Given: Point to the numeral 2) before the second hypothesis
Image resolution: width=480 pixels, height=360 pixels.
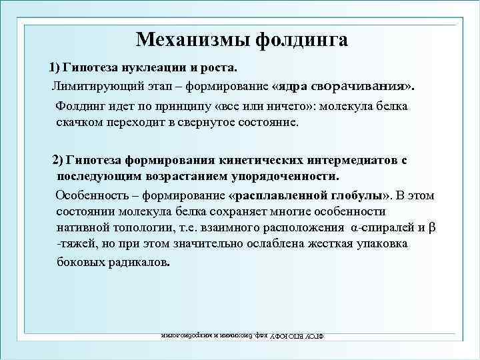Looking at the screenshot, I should (58, 161).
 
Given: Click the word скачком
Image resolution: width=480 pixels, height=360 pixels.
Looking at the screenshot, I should (81, 123).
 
